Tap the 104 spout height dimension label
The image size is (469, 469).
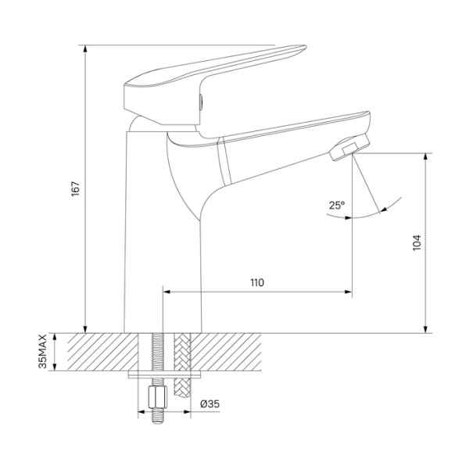click(418, 242)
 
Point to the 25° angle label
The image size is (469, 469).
click(337, 206)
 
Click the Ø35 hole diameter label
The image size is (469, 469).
click(209, 403)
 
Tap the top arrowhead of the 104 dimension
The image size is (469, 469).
click(426, 156)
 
